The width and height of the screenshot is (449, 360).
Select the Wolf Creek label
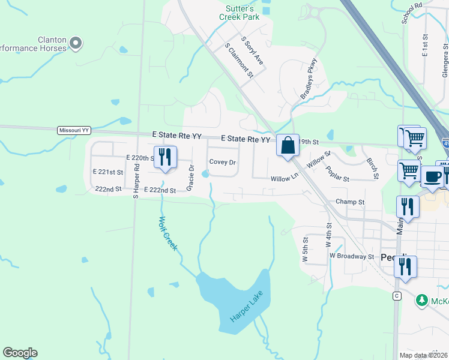point(167,233)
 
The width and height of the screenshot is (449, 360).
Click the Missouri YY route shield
point(74,130)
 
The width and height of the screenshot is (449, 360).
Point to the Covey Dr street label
point(222,163)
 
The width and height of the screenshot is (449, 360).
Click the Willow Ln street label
point(284,179)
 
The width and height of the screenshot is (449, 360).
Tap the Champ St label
point(350,202)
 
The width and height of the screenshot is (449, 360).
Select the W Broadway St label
point(352,256)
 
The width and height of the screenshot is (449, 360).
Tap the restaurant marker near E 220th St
point(163,157)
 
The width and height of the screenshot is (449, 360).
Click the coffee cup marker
point(432,177)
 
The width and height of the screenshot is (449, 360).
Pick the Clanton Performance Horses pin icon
point(75,43)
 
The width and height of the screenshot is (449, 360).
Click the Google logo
point(20,353)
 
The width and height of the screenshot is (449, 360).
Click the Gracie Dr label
point(190,178)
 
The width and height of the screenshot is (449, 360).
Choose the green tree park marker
point(422,299)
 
